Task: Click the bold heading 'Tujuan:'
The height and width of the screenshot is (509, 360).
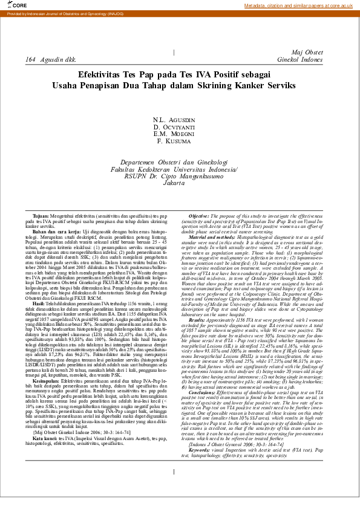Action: [x=41, y=216]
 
